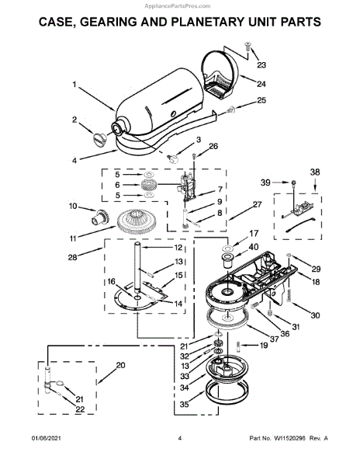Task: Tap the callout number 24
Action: (x=261, y=84)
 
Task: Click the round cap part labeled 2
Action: (x=99, y=139)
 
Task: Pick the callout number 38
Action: (x=315, y=172)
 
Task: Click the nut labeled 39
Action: (x=294, y=183)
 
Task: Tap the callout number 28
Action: (x=73, y=257)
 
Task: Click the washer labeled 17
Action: (x=229, y=248)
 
